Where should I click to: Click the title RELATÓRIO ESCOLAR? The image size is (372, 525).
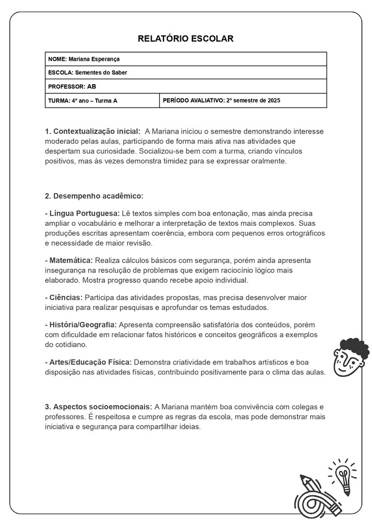[x=186, y=39]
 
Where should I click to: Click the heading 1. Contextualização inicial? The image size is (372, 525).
[x=92, y=131]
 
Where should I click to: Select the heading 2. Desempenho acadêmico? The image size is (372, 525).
[x=94, y=195]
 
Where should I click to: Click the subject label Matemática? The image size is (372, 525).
[x=71, y=261]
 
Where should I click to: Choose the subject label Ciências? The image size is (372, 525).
[x=65, y=298]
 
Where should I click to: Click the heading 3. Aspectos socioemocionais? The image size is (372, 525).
[x=98, y=407]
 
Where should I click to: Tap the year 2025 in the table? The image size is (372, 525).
[x=274, y=100]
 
